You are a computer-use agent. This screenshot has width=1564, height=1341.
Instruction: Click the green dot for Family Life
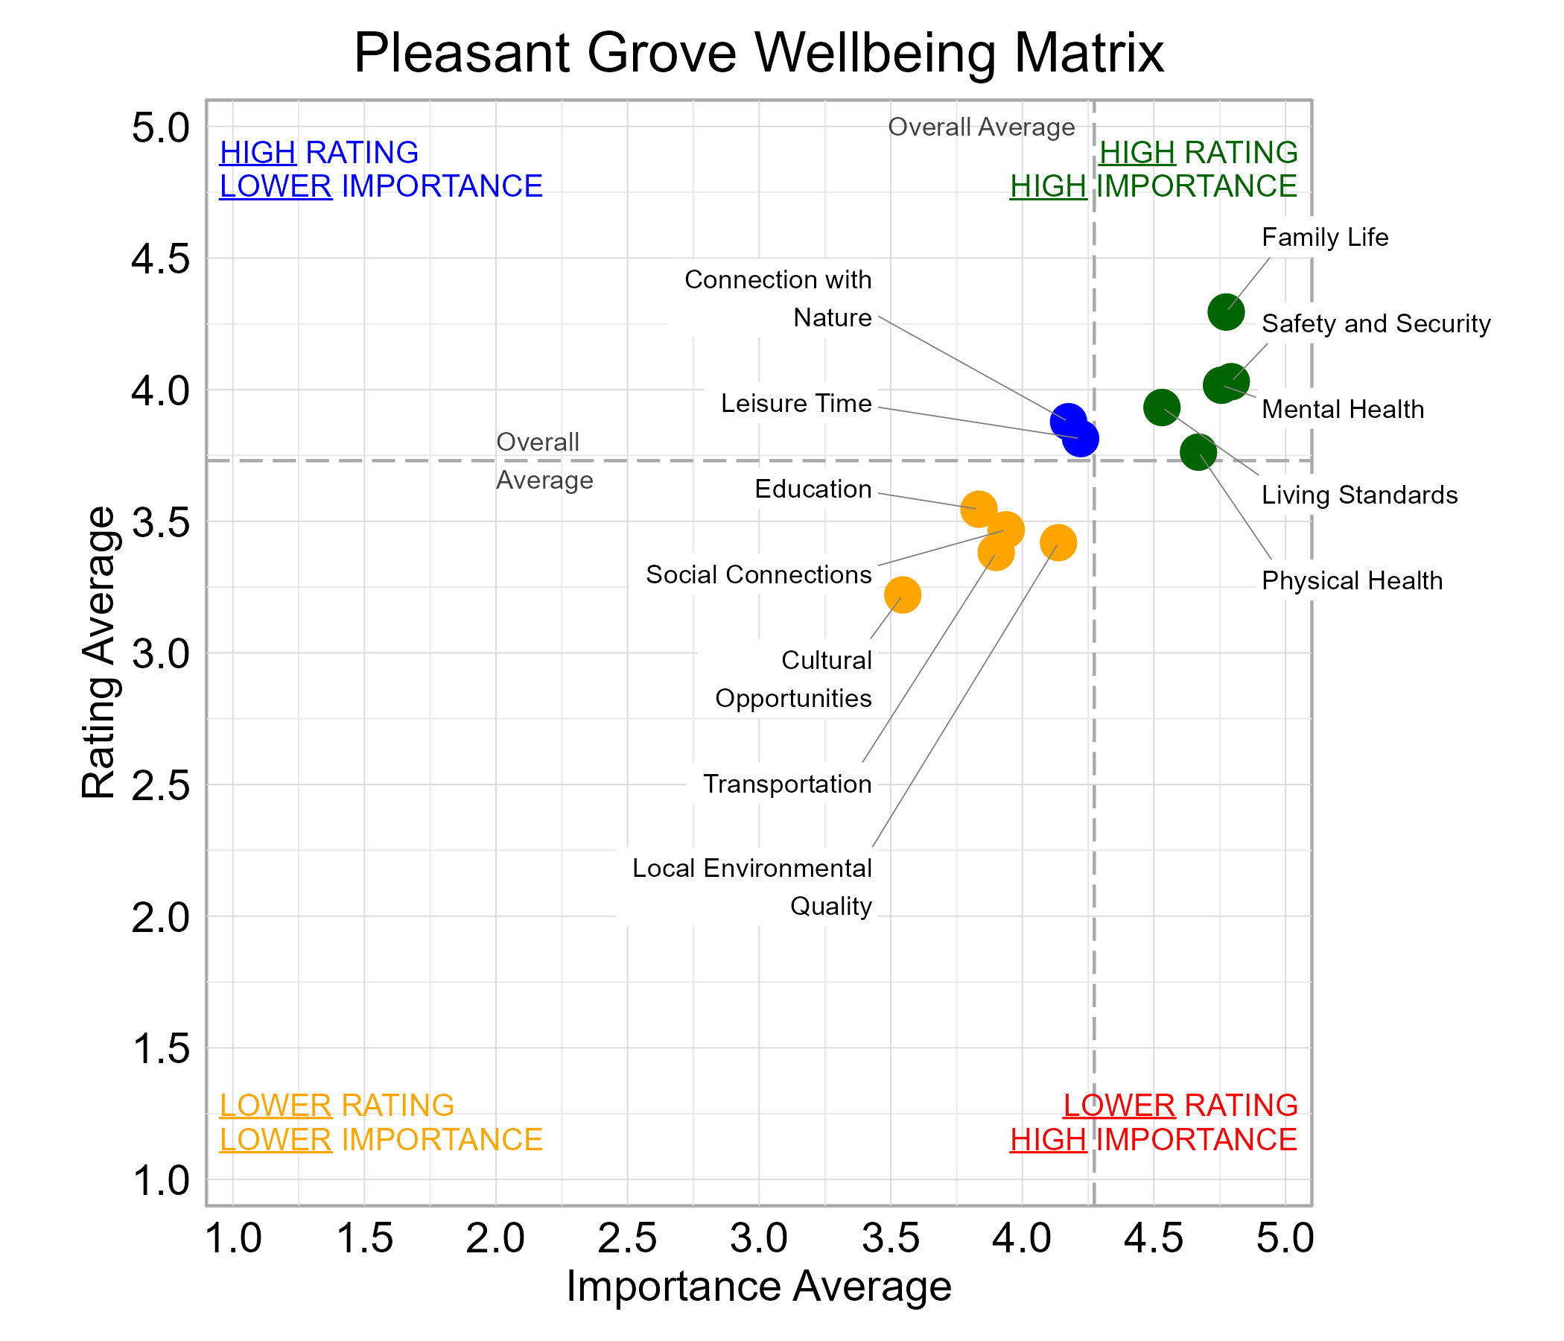pos(1226,312)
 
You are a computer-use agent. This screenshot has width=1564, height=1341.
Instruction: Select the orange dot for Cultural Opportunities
pos(902,595)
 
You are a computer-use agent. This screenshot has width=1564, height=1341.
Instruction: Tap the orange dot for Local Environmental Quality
pos(1058,542)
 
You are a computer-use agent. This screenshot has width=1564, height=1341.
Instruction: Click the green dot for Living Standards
pos(1162,408)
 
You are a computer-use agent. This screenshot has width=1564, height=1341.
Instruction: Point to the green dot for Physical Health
pos(1198,452)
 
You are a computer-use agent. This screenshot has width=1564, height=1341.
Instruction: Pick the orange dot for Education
pos(979,509)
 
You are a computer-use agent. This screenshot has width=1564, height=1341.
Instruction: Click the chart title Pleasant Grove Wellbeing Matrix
pos(759,53)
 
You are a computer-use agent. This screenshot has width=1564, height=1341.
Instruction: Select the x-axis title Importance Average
pos(759,1286)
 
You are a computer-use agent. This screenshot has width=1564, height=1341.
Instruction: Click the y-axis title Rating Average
pos(99,653)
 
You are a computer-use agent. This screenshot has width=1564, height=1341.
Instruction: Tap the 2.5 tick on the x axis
pos(627,1239)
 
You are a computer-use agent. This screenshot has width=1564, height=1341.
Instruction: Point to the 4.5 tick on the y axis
pos(161,259)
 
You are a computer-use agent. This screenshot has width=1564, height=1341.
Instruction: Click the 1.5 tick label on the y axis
pos(161,1049)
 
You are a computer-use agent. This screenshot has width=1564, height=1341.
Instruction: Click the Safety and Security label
pos(1376,323)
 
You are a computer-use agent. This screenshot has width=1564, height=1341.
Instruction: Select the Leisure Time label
pos(795,403)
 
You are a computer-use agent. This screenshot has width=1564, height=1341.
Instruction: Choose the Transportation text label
pos(786,784)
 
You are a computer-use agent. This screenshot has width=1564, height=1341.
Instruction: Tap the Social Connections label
pos(758,574)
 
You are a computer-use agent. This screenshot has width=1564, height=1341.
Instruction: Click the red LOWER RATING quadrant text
pos(1180,1105)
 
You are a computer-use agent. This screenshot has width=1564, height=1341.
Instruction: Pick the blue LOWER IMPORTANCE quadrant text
pos(381,186)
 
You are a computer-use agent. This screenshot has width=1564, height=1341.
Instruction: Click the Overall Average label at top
pos(981,127)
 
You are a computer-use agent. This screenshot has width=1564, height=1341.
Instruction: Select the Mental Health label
pos(1342,409)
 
